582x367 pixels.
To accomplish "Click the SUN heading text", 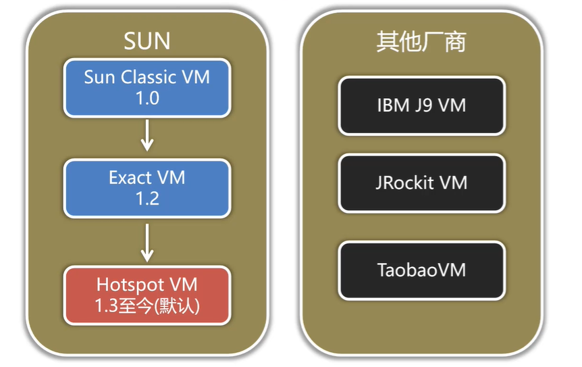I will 147,41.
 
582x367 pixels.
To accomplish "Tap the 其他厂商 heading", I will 421,42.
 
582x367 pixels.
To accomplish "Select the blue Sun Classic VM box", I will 147,87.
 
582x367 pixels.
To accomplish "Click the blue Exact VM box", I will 147,188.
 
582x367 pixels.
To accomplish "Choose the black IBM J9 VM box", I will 421,105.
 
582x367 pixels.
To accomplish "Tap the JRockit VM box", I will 421,182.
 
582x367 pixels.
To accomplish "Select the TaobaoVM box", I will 421,270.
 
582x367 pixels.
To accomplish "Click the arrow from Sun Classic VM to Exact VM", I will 147,137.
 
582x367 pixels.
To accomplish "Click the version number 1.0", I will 147,98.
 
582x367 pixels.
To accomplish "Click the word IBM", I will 391,105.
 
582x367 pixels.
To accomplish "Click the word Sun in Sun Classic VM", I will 99,77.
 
